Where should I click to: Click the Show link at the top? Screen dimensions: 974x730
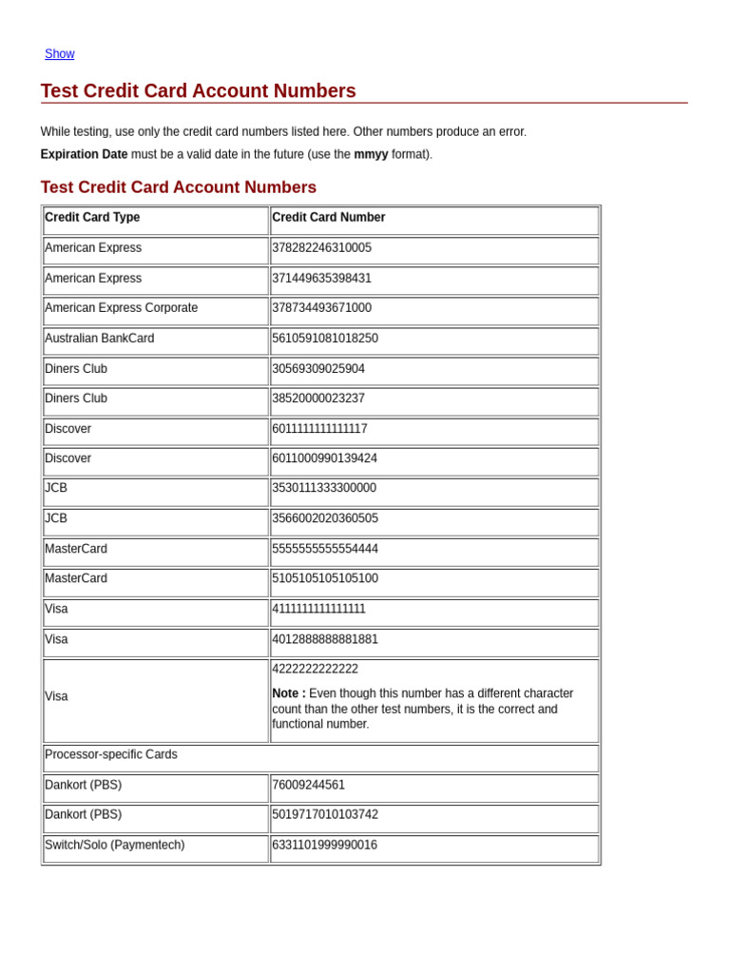(x=59, y=54)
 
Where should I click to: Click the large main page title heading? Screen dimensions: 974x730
(x=198, y=91)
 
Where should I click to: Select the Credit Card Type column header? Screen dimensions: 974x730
(x=92, y=218)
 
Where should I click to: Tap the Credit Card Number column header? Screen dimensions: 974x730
(x=329, y=218)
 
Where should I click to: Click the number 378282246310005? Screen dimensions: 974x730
(x=322, y=248)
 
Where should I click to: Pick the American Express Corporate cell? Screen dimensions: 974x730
(x=122, y=308)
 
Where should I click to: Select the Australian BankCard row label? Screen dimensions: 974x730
(x=100, y=339)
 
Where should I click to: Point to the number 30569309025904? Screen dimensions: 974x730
(x=318, y=369)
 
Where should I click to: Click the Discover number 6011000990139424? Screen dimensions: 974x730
(x=325, y=458)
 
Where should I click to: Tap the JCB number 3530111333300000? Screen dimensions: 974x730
(x=324, y=488)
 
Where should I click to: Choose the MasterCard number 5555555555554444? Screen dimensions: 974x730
(x=325, y=549)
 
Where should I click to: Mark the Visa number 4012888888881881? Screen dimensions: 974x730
(x=325, y=639)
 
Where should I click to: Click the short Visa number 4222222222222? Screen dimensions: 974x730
(x=316, y=669)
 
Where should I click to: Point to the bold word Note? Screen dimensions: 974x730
(x=288, y=693)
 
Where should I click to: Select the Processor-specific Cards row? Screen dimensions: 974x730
(x=111, y=754)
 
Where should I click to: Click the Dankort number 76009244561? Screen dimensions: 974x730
(x=309, y=785)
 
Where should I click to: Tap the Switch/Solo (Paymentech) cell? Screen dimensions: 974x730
(x=115, y=845)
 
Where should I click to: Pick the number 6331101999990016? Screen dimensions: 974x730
(x=325, y=845)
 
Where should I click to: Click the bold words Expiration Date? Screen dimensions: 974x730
(x=84, y=154)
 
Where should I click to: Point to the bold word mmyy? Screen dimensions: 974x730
(x=371, y=154)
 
